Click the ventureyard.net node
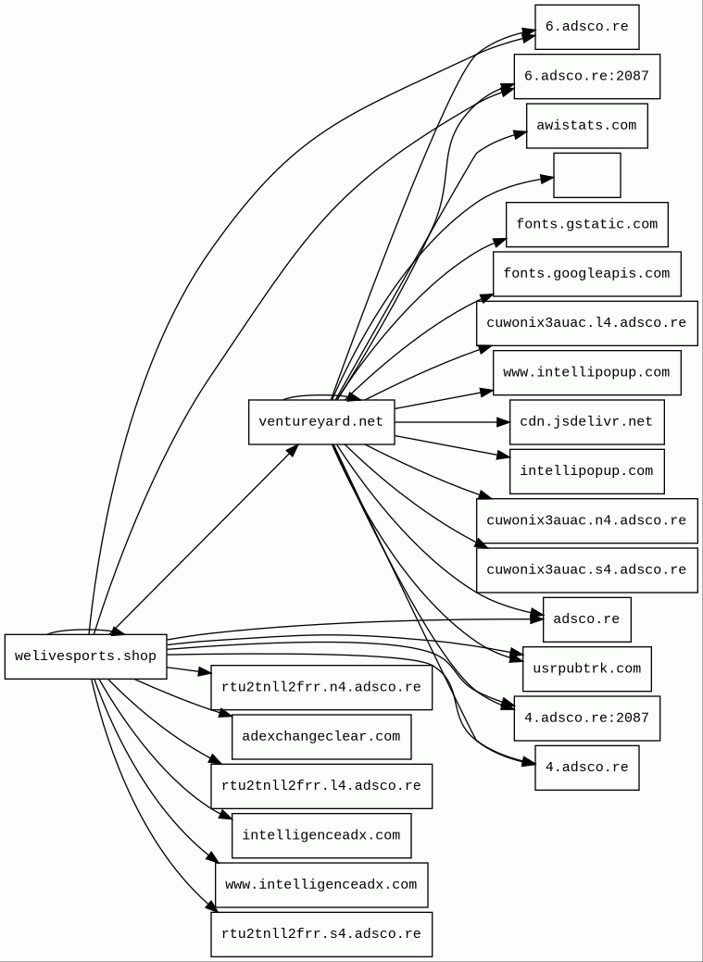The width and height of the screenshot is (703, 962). point(321,422)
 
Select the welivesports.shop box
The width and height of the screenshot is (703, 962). point(85,656)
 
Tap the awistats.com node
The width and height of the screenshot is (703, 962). point(586,126)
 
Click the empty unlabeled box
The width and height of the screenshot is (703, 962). point(586,175)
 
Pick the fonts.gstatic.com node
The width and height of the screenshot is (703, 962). point(586,225)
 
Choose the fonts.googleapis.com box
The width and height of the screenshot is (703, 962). point(586,274)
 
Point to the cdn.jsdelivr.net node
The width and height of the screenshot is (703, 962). point(586,422)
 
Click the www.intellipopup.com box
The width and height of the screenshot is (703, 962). point(586,372)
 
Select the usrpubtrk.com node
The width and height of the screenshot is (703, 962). point(586,668)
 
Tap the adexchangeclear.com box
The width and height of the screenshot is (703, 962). point(320,737)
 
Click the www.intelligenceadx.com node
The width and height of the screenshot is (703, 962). point(320,885)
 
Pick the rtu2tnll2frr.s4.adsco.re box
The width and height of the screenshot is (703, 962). point(320,934)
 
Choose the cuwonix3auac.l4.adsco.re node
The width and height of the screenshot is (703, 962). point(586,323)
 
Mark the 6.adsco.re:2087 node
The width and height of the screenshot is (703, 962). point(586,76)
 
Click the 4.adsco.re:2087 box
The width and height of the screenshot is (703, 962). point(586,718)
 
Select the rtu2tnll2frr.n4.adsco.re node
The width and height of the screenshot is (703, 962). point(320,688)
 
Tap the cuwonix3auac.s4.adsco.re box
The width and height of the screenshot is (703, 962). point(586,570)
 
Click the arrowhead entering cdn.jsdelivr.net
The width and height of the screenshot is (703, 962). point(504,422)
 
